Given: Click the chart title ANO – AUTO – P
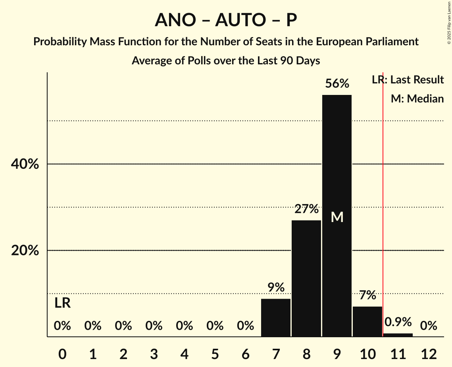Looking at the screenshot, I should click(x=226, y=20).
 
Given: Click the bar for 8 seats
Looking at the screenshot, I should click(x=306, y=278).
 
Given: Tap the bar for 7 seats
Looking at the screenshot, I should click(x=276, y=318).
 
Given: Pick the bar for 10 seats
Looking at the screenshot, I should click(x=367, y=322).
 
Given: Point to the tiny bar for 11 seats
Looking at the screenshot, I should click(x=398, y=335).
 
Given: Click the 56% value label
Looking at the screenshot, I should click(x=337, y=84).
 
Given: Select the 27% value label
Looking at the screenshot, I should click(x=306, y=209).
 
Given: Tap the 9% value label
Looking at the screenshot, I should click(x=276, y=287).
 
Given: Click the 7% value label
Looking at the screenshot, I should click(x=367, y=295).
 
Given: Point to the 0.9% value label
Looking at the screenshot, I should click(x=398, y=322).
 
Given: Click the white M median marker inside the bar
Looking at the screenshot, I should click(x=337, y=217).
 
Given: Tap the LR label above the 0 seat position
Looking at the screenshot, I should click(x=62, y=303).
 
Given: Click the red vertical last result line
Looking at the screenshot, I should click(x=383, y=199).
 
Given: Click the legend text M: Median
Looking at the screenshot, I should click(x=417, y=99).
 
